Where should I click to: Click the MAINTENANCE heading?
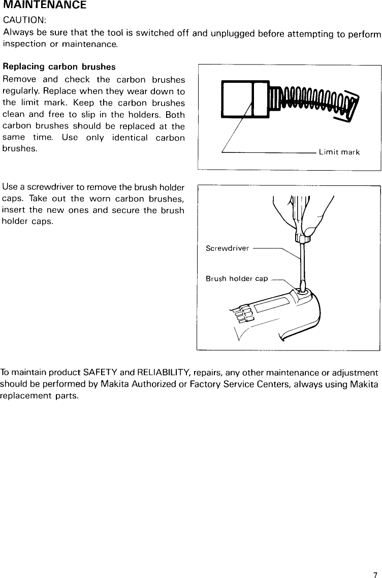(44, 6)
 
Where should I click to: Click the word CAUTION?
(24, 20)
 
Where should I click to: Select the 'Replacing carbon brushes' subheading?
(59, 67)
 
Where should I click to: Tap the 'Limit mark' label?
(339, 152)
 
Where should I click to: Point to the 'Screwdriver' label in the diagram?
(227, 248)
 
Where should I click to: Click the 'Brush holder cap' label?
(236, 278)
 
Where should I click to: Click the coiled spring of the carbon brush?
(315, 100)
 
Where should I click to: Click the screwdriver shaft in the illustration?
(302, 264)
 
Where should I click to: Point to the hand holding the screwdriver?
(305, 213)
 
